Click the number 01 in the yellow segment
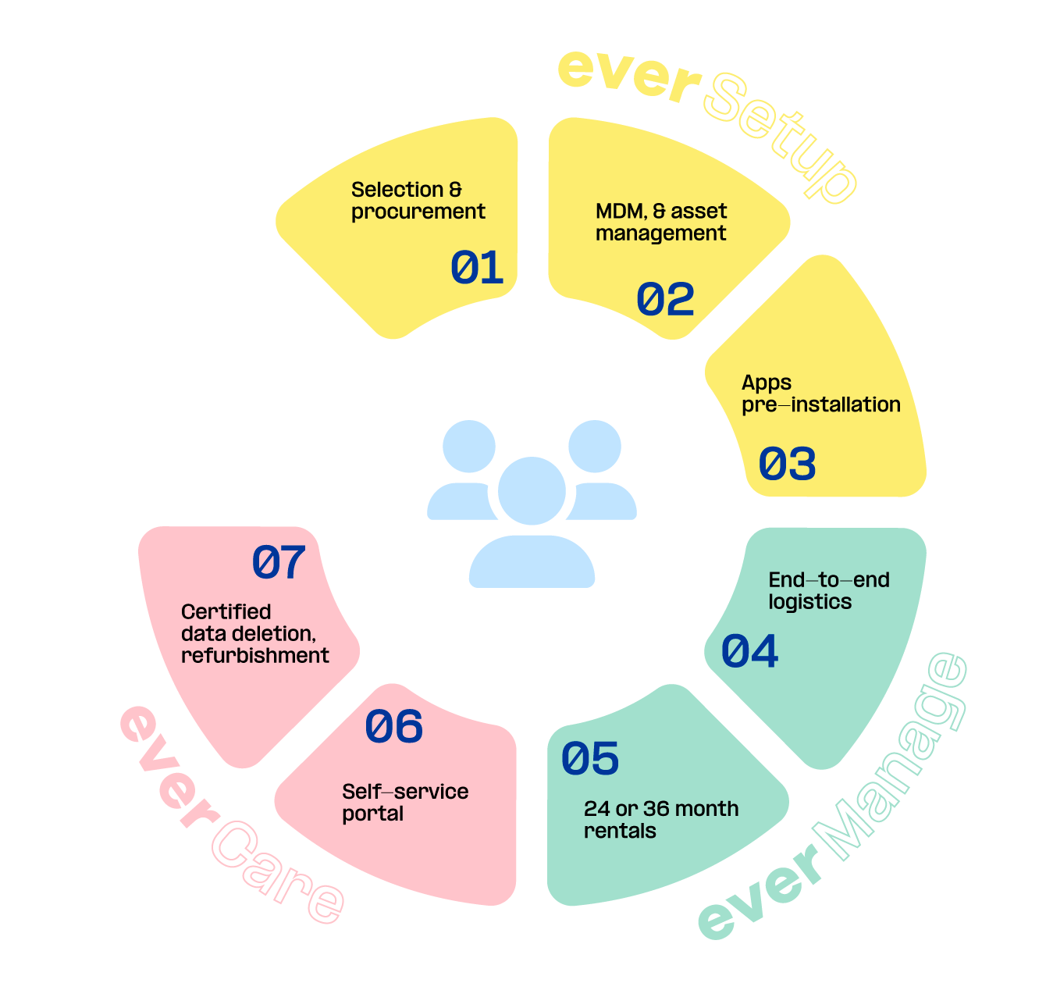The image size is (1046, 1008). pyautogui.click(x=477, y=268)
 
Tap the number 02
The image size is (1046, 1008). pyautogui.click(x=665, y=300)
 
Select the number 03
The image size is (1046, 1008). pyautogui.click(x=787, y=464)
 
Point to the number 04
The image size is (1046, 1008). pyautogui.click(x=749, y=651)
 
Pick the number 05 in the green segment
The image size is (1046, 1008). pyautogui.click(x=590, y=759)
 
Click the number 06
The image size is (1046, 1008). pyautogui.click(x=394, y=727)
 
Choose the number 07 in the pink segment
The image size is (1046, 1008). pyautogui.click(x=279, y=562)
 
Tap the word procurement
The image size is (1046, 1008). pyautogui.click(x=418, y=212)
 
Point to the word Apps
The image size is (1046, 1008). pyautogui.click(x=767, y=383)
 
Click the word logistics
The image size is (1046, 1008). pyautogui.click(x=809, y=602)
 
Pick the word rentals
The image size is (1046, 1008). pyautogui.click(x=620, y=831)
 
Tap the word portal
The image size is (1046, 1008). pyautogui.click(x=372, y=814)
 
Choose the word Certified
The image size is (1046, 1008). pyautogui.click(x=226, y=611)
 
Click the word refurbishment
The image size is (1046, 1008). pyautogui.click(x=254, y=656)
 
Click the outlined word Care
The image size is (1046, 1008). pyautogui.click(x=277, y=871)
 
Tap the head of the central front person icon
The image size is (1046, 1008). pyautogui.click(x=532, y=490)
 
